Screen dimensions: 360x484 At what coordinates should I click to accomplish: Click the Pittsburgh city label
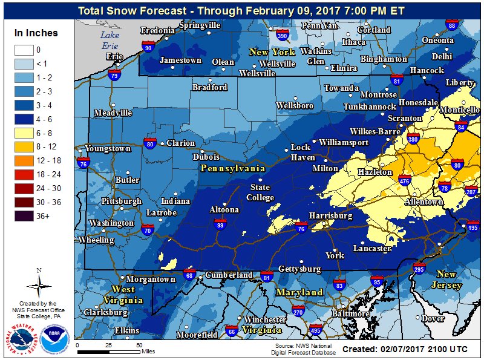point(121,201)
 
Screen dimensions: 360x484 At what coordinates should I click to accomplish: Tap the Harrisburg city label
point(330,215)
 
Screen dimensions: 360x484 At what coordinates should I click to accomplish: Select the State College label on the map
point(260,192)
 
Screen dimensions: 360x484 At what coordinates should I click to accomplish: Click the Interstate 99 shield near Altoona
point(221,226)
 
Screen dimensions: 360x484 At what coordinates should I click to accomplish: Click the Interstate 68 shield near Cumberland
point(190,275)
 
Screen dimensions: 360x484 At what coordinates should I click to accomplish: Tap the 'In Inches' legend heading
point(37,33)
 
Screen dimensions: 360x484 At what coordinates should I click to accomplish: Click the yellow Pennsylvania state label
point(234,168)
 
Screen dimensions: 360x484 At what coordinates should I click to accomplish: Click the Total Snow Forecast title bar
point(242,10)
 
